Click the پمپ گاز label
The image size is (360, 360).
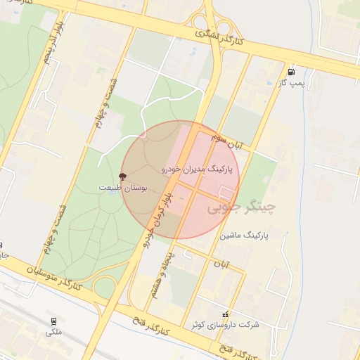(291, 83)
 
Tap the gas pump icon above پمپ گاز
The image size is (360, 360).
(291, 72)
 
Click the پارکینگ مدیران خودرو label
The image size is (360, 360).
(200, 169)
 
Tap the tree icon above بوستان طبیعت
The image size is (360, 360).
(124, 176)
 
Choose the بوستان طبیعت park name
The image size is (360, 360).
(123, 188)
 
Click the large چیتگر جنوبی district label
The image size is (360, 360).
(241, 208)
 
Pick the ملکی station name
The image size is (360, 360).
(53, 331)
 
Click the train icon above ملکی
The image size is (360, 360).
(53, 320)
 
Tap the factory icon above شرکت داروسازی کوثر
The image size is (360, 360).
(225, 314)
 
